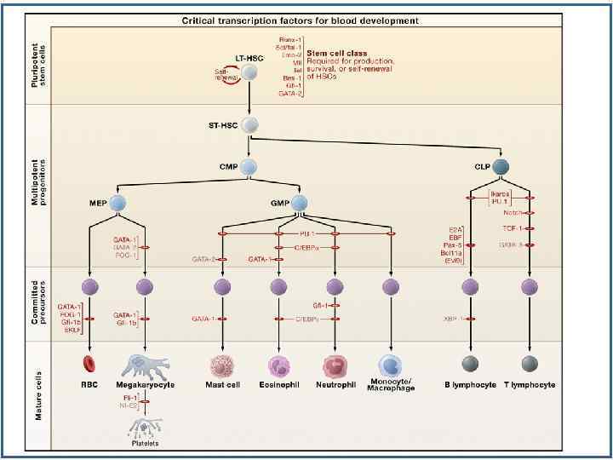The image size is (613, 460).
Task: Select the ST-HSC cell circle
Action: (x=249, y=125)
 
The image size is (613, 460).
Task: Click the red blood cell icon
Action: (x=89, y=365)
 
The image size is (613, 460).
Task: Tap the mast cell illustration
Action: (x=221, y=366)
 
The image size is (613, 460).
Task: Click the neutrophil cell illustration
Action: (x=335, y=366)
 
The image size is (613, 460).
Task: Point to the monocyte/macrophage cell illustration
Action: (x=391, y=365)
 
